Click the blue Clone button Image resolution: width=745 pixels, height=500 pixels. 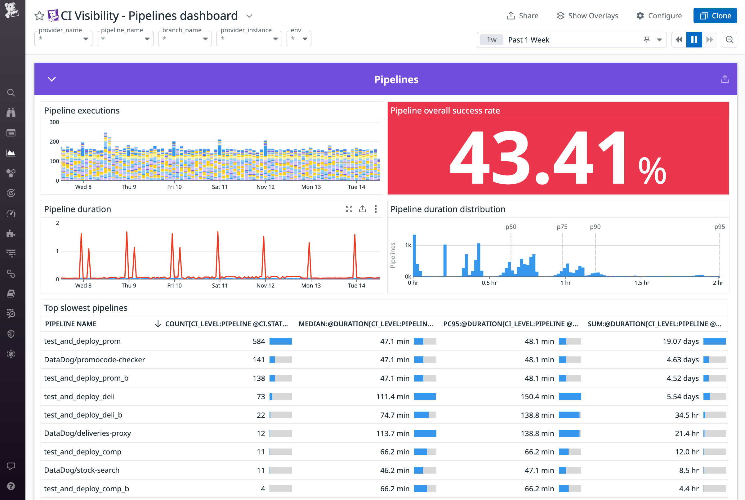point(715,16)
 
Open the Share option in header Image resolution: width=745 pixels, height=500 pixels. point(523,16)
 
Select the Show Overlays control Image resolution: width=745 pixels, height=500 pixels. point(587,16)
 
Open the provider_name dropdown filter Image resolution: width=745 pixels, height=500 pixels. point(63,38)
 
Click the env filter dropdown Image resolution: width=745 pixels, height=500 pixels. point(299,38)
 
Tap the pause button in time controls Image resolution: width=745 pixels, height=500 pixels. point(694,39)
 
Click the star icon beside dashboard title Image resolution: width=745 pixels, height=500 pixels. point(39,16)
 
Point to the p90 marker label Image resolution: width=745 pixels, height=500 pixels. point(595,227)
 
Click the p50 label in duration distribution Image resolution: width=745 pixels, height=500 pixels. point(511,227)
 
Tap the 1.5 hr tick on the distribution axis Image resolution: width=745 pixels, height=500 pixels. point(641,283)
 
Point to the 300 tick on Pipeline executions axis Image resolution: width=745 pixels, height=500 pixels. point(54,122)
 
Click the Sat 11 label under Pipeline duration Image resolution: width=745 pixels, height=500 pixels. point(220,285)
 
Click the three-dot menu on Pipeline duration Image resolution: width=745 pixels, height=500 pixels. point(376,209)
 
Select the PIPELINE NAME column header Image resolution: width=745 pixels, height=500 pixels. point(71,324)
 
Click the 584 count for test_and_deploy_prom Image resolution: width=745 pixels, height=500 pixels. point(259,341)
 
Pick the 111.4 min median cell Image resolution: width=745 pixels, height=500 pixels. point(392,397)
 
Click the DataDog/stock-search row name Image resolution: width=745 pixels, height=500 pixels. point(82,470)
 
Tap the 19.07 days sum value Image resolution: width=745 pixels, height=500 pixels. point(680,341)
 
